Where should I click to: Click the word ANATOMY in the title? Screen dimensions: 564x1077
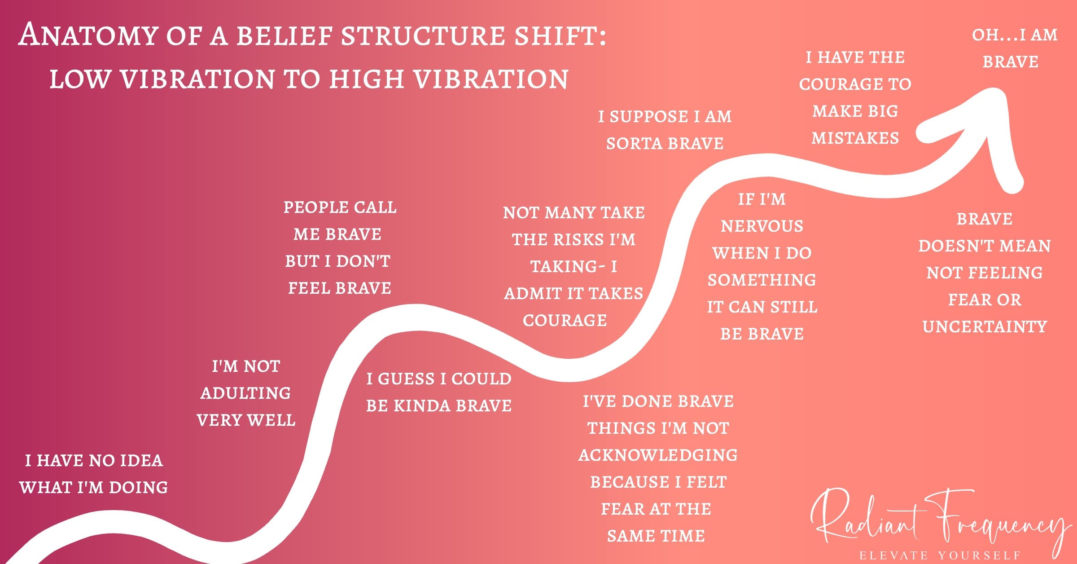coord(88,36)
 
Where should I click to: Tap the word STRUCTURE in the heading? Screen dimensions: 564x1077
coord(423,36)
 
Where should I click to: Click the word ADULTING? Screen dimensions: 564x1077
coord(245,393)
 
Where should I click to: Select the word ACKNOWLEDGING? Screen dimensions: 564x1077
coord(658,455)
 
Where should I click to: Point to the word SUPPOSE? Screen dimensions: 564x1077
coord(649,117)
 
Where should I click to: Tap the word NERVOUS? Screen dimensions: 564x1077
coord(762,226)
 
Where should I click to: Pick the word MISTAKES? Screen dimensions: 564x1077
coord(855,138)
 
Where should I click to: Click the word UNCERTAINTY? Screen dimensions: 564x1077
coord(985,327)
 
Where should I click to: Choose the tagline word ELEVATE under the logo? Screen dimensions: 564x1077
coord(893,555)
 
